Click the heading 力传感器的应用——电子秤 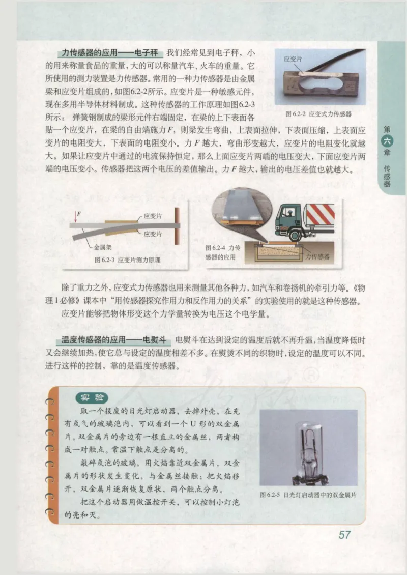click(x=109, y=52)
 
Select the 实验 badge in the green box click(x=92, y=397)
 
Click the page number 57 click(x=344, y=535)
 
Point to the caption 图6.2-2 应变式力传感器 click(x=319, y=114)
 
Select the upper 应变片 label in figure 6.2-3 click(x=153, y=216)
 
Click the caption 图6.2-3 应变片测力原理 click(x=127, y=260)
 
